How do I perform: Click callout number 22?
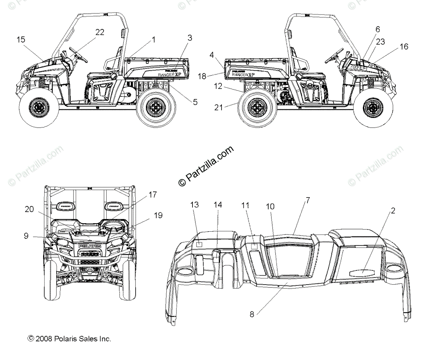pos(100,32)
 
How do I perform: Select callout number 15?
pos(21,39)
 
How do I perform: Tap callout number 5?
pos(195,102)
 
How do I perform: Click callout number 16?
pos(404,46)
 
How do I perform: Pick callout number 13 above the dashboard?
pos(195,205)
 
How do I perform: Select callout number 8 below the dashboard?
pos(252,314)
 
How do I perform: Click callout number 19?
pos(158,215)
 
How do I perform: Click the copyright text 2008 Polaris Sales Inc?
pos(69,339)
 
